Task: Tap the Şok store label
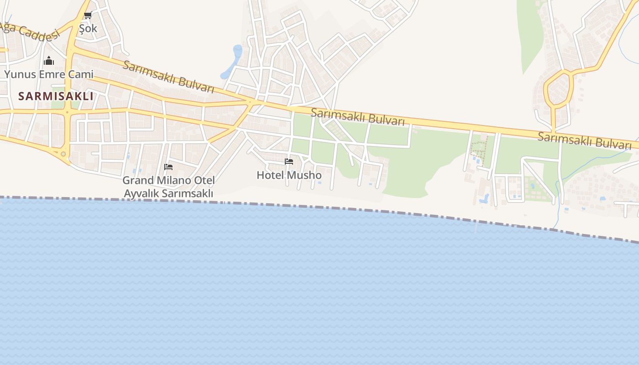pyautogui.click(x=88, y=28)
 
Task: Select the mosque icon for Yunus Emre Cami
pyautogui.click(x=49, y=61)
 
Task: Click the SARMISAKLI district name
pyautogui.click(x=56, y=96)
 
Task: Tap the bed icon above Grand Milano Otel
pyautogui.click(x=168, y=167)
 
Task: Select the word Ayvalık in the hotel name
pyautogui.click(x=141, y=193)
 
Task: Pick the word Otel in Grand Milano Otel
pyautogui.click(x=204, y=180)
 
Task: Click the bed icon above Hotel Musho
pyautogui.click(x=289, y=162)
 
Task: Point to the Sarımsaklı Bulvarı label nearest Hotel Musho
pyautogui.click(x=357, y=117)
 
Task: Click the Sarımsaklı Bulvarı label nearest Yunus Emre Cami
pyautogui.click(x=168, y=77)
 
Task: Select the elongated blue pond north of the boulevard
pyautogui.click(x=232, y=62)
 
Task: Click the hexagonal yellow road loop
pyautogui.click(x=558, y=89)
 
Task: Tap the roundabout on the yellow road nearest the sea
pyautogui.click(x=63, y=154)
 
